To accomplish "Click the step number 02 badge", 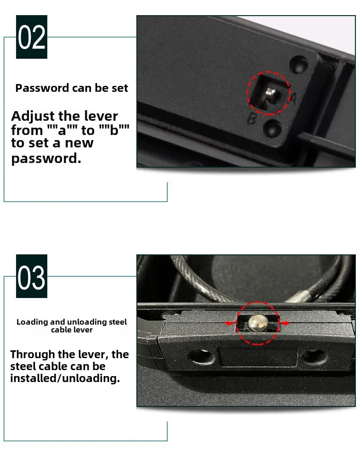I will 32,37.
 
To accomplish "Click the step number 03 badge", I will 32,276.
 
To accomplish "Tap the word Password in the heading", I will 42,88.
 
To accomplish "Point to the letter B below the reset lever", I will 252,119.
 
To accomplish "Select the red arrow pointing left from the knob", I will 230,323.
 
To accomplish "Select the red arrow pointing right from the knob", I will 285,323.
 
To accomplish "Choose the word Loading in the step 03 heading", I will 32,322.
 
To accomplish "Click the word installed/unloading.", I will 65,379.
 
